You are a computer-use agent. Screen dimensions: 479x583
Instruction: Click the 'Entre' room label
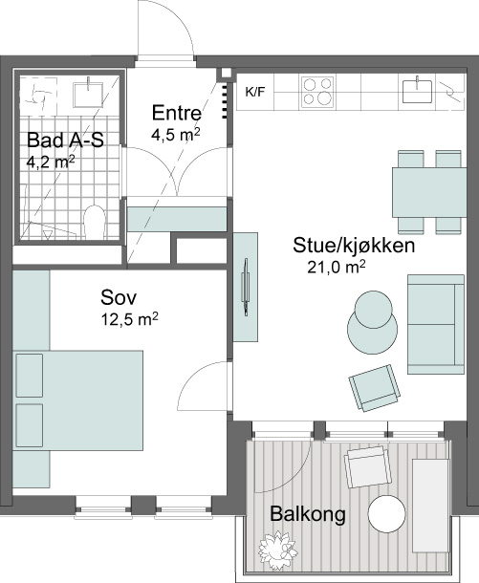click(x=177, y=113)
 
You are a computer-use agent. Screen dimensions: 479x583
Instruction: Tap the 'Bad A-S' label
click(x=65, y=140)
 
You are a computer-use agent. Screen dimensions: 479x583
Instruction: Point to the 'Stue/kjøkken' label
click(x=354, y=246)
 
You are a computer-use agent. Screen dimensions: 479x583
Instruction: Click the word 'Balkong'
click(x=308, y=514)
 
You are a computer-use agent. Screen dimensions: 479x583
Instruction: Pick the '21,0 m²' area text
click(x=336, y=267)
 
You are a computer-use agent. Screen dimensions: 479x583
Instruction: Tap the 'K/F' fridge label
click(x=255, y=92)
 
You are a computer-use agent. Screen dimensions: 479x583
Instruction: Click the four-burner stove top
click(x=317, y=92)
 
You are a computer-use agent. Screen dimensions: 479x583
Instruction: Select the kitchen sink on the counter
click(x=418, y=91)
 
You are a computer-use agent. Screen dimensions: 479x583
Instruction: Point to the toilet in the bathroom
click(x=95, y=222)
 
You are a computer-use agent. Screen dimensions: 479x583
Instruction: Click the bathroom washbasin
click(x=89, y=92)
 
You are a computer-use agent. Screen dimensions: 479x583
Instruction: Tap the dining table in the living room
click(x=429, y=192)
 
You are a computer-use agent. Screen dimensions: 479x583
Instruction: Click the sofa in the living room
click(x=436, y=324)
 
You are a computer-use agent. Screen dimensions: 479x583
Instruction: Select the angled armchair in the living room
click(x=375, y=388)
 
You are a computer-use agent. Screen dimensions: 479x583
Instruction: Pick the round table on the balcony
click(x=386, y=514)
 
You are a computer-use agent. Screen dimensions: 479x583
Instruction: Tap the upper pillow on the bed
click(x=30, y=376)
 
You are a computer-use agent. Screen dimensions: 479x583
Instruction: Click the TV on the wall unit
click(x=245, y=288)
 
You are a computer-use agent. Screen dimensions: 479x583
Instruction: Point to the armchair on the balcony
click(x=368, y=467)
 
